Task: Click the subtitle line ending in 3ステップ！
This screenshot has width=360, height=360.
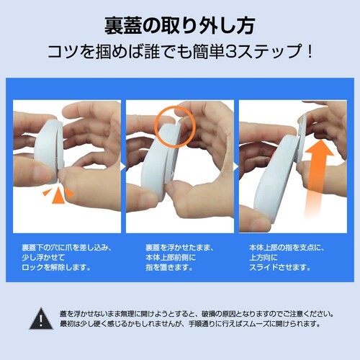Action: tap(179, 53)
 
